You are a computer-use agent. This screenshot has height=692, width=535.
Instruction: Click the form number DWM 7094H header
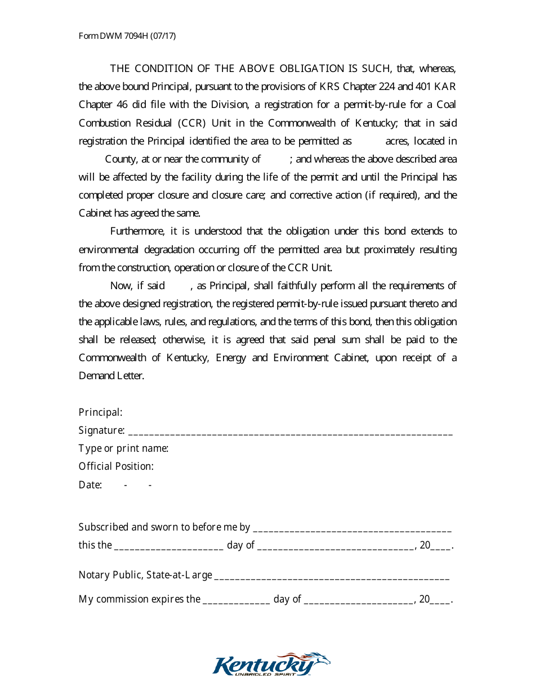(x=127, y=36)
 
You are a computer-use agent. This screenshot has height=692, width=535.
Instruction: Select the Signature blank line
(x=290, y=432)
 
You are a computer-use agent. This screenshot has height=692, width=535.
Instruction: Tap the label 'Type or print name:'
(x=123, y=448)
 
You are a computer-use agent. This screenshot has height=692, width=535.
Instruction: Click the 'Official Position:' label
(x=116, y=466)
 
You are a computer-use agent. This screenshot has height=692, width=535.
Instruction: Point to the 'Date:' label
(x=90, y=484)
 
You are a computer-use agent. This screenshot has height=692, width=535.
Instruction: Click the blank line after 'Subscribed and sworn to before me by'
(x=352, y=529)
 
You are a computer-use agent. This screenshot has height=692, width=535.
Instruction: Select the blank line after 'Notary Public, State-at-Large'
(x=332, y=577)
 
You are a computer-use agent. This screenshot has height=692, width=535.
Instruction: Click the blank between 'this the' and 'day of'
(x=168, y=547)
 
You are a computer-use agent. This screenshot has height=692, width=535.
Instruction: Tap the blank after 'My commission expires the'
(x=236, y=601)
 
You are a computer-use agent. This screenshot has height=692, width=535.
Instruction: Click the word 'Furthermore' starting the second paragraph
(x=136, y=231)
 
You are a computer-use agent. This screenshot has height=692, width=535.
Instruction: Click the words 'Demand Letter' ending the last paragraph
(x=112, y=376)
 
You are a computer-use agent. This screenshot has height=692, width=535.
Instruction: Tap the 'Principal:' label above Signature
(x=100, y=412)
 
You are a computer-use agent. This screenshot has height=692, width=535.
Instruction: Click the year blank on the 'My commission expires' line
(x=441, y=601)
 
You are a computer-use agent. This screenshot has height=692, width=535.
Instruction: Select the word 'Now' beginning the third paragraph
(x=121, y=286)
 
